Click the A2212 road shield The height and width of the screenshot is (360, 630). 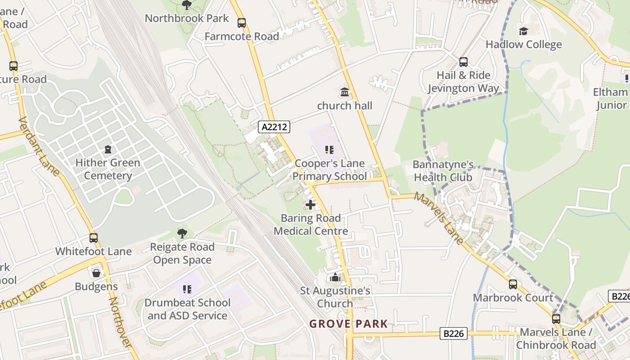(274, 127)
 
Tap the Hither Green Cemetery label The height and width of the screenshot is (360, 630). (108, 169)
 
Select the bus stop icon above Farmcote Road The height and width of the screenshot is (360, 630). (242, 23)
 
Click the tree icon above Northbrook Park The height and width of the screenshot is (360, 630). (186, 5)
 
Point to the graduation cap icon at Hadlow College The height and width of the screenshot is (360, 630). (523, 31)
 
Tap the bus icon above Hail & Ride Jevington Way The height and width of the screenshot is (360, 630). (463, 62)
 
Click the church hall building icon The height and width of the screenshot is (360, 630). (345, 92)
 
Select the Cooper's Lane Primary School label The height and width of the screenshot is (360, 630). (329, 170)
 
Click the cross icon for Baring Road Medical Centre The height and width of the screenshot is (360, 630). (310, 205)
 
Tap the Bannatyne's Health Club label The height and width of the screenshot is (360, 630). (443, 171)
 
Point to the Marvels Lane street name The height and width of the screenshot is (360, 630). (439, 219)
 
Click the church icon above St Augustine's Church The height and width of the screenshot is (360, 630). (335, 277)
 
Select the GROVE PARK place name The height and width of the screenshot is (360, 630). (348, 324)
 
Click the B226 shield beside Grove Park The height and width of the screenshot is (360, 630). (453, 333)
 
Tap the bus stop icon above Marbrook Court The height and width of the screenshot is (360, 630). (513, 284)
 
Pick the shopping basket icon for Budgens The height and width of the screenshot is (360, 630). (96, 273)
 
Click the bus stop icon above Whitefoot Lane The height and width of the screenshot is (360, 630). (94, 238)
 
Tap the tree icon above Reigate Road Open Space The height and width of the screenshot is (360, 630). (182, 233)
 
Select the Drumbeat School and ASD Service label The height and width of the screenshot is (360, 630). (188, 309)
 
